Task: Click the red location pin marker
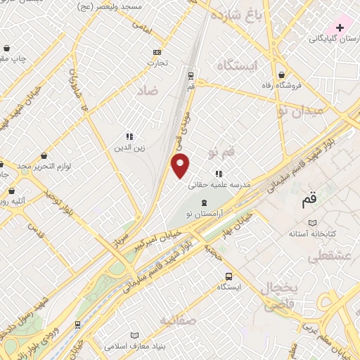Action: [181, 166]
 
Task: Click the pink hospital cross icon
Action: [340, 27]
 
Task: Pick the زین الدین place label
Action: [129, 148]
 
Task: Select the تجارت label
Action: [157, 63]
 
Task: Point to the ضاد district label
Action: [147, 91]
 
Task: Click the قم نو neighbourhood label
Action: [223, 152]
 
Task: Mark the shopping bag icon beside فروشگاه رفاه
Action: [282, 75]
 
